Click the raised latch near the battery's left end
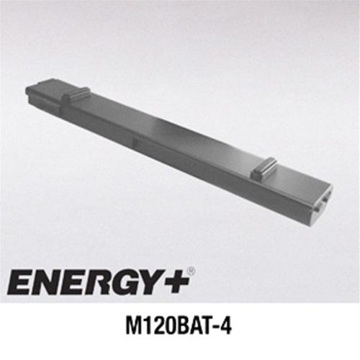point(76,94)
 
